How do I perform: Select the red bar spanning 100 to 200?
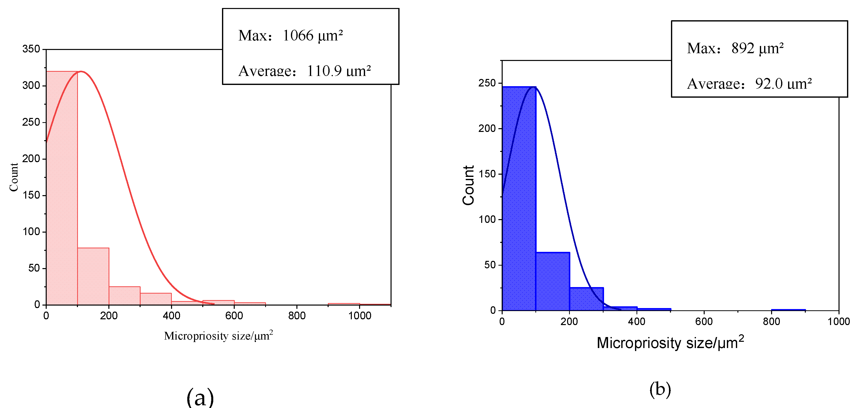93,276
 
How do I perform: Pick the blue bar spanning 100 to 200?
553,281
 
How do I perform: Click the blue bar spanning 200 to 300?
586,299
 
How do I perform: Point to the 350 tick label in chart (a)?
31,49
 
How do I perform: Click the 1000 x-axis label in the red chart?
360,316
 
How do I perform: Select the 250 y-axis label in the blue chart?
487,83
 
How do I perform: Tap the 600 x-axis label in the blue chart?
704,322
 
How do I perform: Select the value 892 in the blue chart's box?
743,48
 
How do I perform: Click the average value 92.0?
769,83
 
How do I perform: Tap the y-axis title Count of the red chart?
14,177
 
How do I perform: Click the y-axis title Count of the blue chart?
468,185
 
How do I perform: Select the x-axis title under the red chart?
218,336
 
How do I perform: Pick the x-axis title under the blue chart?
670,343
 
